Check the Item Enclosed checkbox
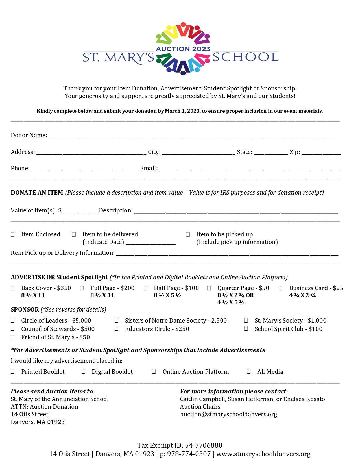pos(13,234)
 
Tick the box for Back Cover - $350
pos(13,288)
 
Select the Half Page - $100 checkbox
pos(145,288)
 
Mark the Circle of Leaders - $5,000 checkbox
pos(13,320)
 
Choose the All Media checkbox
pos(249,371)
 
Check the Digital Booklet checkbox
pos(83,371)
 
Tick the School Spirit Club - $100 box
pos(246,328)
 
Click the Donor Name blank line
pos(194,136)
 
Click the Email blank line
pos(249,169)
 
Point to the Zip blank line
pos(321,153)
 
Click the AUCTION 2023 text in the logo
pos(183,49)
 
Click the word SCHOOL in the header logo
pos(245,57)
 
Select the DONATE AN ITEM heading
pos(37,193)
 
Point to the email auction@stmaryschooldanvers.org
pos(229,414)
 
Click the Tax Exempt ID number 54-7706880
pos(204,445)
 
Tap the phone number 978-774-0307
pos(189,454)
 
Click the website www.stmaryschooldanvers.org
pos(263,454)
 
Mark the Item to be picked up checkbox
pos(188,234)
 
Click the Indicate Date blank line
pos(150,243)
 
